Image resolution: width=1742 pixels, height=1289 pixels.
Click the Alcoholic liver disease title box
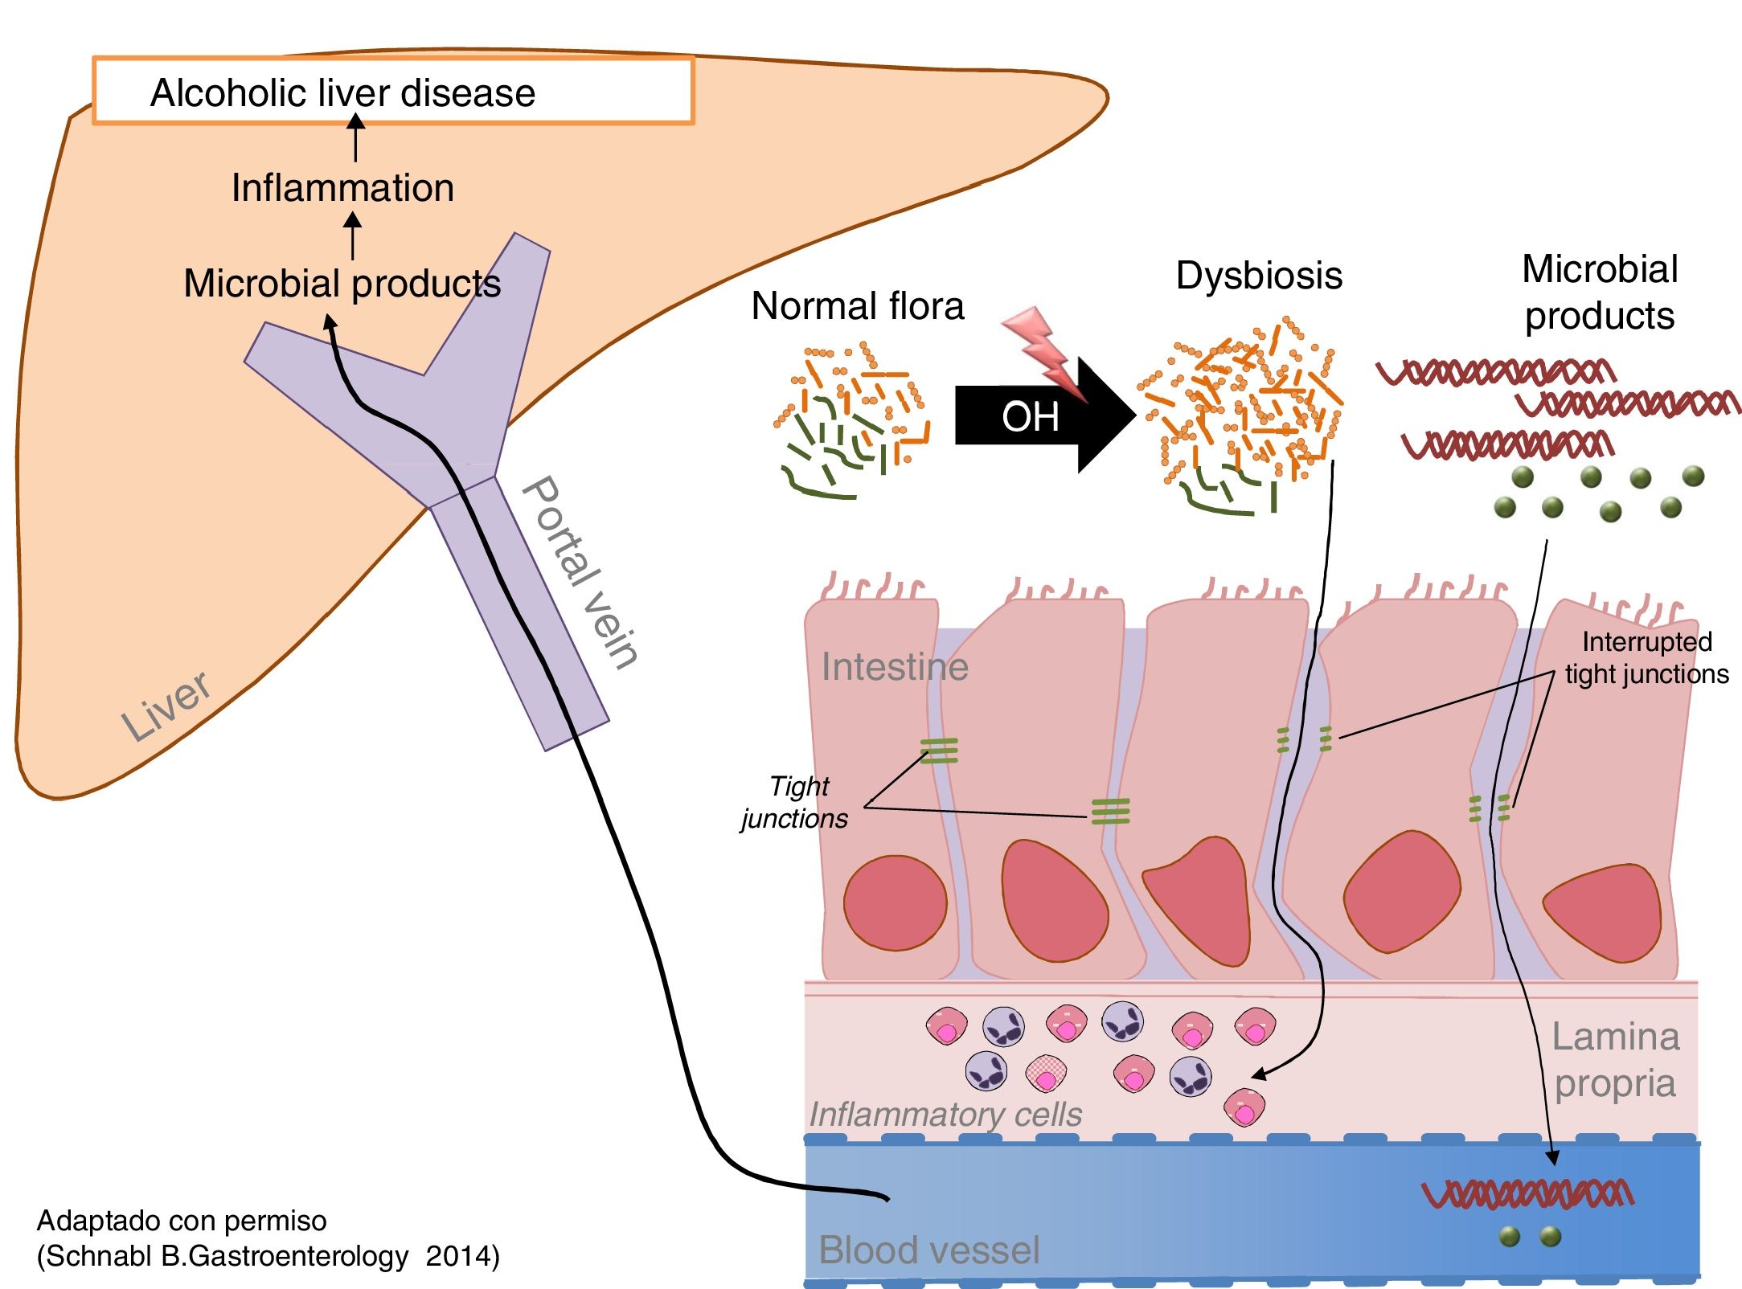coord(392,91)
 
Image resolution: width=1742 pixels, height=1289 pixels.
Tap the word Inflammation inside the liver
coord(342,188)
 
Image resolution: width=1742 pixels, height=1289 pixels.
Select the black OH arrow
coord(1037,415)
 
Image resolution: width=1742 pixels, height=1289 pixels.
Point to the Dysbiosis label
coord(1259,276)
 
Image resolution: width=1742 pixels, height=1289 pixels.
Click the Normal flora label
coord(857,306)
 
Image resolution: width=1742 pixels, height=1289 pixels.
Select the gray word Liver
coord(166,705)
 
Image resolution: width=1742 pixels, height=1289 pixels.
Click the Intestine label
coord(894,667)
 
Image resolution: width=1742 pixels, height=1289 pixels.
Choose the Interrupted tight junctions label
coord(1646,657)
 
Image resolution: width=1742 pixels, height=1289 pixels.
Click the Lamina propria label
coord(1615,1060)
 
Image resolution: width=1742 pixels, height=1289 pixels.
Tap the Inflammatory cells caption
coord(945,1115)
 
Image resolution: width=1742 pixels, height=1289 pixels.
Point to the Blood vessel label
coord(928,1250)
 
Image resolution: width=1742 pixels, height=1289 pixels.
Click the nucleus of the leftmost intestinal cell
coord(895,903)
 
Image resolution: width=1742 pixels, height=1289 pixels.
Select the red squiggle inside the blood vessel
coord(1527,1193)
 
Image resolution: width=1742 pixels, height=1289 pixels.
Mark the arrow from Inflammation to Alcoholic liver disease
coord(355,138)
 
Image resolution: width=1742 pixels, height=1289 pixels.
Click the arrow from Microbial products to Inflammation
coord(352,235)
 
